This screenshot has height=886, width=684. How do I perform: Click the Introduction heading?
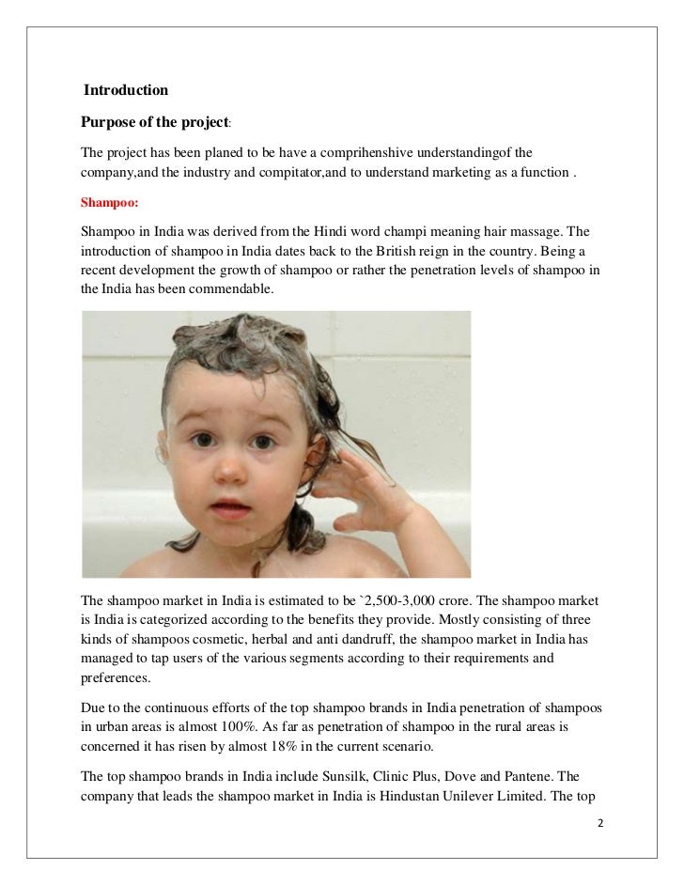coord(126,91)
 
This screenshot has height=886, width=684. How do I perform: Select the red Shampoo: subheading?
coord(110,201)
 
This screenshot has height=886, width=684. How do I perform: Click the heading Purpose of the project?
coord(155,123)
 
